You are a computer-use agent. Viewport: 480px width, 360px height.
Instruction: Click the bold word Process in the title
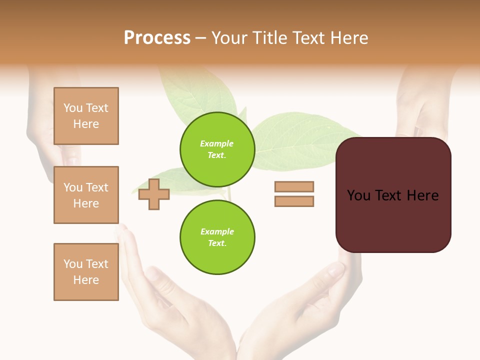pyautogui.click(x=157, y=38)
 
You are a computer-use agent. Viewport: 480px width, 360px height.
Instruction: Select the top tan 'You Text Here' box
pyautogui.click(x=86, y=116)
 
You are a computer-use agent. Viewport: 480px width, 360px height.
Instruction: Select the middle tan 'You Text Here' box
pyautogui.click(x=86, y=195)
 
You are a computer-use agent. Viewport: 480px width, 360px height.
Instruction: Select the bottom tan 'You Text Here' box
pyautogui.click(x=86, y=272)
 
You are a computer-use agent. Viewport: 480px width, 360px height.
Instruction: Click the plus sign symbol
pyautogui.click(x=153, y=194)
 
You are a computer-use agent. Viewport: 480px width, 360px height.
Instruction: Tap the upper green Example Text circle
pyautogui.click(x=217, y=149)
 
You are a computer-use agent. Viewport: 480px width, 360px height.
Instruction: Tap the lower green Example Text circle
pyautogui.click(x=217, y=237)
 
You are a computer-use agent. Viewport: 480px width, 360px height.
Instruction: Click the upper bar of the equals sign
pyautogui.click(x=294, y=186)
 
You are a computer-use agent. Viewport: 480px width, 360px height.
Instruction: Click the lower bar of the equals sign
pyautogui.click(x=294, y=201)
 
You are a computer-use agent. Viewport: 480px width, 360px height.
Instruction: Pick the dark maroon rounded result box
pyautogui.click(x=393, y=220)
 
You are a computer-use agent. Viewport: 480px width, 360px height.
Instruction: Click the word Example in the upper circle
pyautogui.click(x=217, y=143)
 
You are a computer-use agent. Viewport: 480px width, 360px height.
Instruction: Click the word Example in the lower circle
pyautogui.click(x=217, y=231)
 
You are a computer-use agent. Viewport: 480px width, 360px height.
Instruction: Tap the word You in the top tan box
pyautogui.click(x=73, y=108)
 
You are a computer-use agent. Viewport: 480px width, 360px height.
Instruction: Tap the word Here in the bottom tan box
pyautogui.click(x=86, y=280)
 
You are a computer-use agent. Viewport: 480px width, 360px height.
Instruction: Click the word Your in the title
pyautogui.click(x=229, y=38)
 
